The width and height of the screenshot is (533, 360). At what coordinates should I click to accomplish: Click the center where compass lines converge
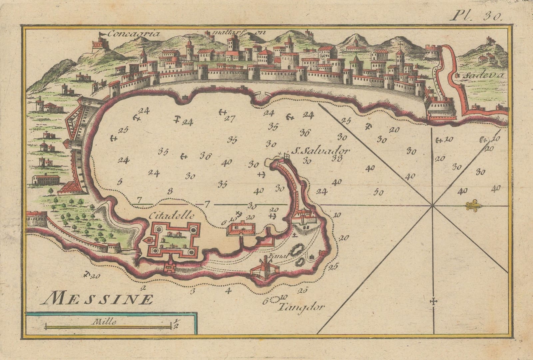click(433, 205)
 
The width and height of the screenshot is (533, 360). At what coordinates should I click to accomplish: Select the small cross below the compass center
click(433, 302)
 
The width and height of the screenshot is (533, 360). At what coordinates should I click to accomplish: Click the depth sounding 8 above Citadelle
click(170, 191)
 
